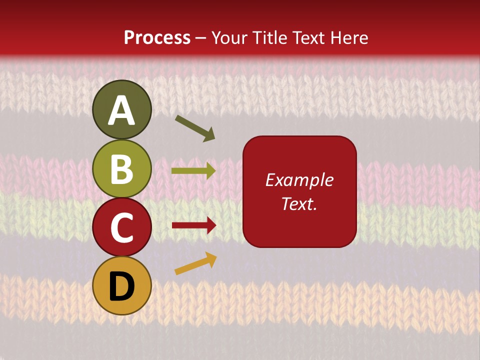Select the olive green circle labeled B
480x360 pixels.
pos(122,168)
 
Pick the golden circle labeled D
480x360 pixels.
pos(122,286)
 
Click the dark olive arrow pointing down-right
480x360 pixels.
pos(195,128)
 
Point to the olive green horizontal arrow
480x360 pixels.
pos(193,171)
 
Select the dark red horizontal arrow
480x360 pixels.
pos(193,225)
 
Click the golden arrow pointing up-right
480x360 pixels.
pos(195,263)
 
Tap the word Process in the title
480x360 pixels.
pos(157,37)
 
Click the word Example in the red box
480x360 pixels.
pos(299,180)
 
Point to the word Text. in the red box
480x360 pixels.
pos(299,203)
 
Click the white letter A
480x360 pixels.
pos(122,110)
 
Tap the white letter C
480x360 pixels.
pos(122,227)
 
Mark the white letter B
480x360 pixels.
pos(122,169)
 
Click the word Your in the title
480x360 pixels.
pos(229,37)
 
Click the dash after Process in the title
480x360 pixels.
pos(201,38)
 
